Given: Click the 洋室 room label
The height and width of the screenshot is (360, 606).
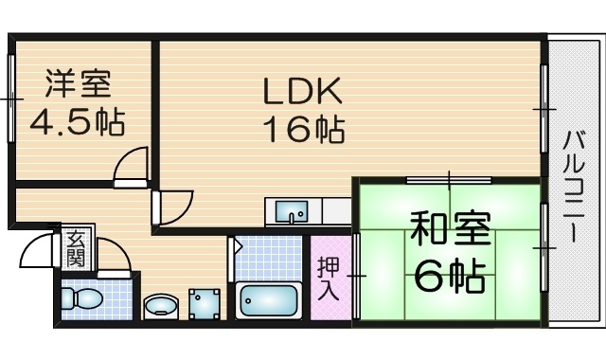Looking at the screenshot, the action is click(x=79, y=83).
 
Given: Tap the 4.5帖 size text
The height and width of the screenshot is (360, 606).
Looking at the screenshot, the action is click(x=78, y=122).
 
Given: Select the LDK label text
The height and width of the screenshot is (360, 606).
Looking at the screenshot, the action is click(x=303, y=91).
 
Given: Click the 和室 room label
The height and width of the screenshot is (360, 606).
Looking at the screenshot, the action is click(x=451, y=229).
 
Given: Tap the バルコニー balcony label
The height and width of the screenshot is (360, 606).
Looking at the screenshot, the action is click(x=574, y=187).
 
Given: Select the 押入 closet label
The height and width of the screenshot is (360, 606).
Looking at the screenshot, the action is click(x=329, y=279).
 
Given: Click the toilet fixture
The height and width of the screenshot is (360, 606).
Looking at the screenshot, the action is click(x=82, y=298).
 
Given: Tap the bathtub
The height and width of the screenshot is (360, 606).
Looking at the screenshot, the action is click(x=269, y=301).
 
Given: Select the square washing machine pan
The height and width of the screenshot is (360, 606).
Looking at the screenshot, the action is click(x=205, y=304).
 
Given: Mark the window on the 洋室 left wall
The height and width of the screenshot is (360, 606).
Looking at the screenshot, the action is click(x=11, y=99).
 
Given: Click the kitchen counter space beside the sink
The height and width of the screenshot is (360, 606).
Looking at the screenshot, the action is click(x=336, y=211).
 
